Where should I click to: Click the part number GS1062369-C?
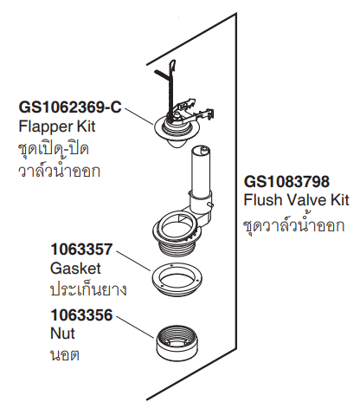pyautogui.click(x=70, y=107)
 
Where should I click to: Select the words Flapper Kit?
pyautogui.click(x=57, y=126)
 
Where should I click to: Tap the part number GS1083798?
pyautogui.click(x=286, y=182)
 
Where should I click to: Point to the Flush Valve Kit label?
pyautogui.click(x=296, y=200)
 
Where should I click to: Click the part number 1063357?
pyautogui.click(x=81, y=250)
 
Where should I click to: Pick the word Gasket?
pyautogui.click(x=75, y=269)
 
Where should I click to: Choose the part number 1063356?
pyautogui.click(x=81, y=314)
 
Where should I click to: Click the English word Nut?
pyautogui.click(x=62, y=334)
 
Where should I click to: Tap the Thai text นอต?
pyautogui.click(x=65, y=355)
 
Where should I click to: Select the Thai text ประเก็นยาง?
pyautogui.click(x=88, y=289)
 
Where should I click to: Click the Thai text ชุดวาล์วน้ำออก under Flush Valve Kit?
pyautogui.click(x=294, y=225)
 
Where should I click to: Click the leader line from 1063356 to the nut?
pyautogui.click(x=135, y=327)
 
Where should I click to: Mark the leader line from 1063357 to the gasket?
pyautogui.click(x=133, y=261)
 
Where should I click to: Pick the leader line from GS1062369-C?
pyautogui.click(x=138, y=116)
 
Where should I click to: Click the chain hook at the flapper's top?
pyautogui.click(x=171, y=67)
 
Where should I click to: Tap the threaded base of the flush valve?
pyautogui.click(x=177, y=247)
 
